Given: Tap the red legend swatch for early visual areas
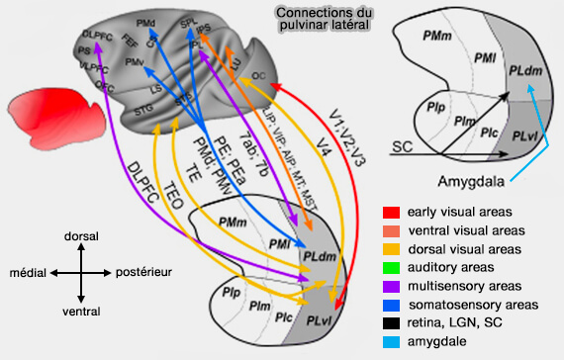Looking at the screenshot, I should point(391,212).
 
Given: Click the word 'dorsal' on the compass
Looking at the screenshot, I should point(78,238).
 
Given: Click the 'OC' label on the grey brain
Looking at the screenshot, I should point(258,75).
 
